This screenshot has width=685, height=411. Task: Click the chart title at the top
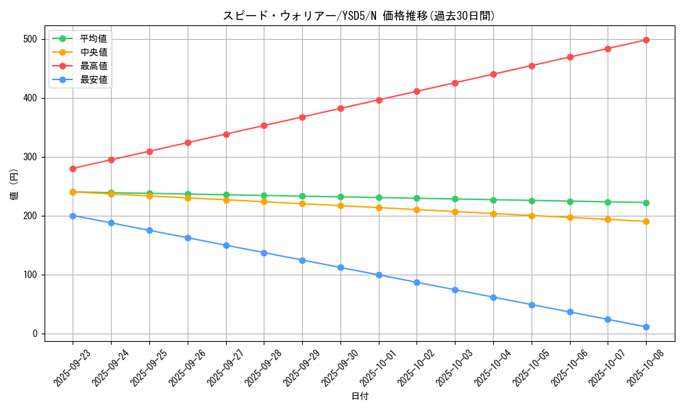(358, 16)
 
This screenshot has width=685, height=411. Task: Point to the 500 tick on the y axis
(29, 39)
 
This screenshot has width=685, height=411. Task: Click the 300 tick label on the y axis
(29, 157)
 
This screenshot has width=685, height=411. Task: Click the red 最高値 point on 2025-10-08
(646, 40)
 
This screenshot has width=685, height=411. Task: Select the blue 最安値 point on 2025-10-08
(646, 327)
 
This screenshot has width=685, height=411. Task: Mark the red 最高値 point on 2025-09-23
(73, 169)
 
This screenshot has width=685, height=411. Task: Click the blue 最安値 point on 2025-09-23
(73, 216)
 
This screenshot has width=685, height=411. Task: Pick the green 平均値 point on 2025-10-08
(646, 203)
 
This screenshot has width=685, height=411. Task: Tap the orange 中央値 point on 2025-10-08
(646, 221)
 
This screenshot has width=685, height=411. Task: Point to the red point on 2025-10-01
(379, 100)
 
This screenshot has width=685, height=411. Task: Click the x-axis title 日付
(360, 397)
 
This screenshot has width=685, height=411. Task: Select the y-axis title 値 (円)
(14, 186)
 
